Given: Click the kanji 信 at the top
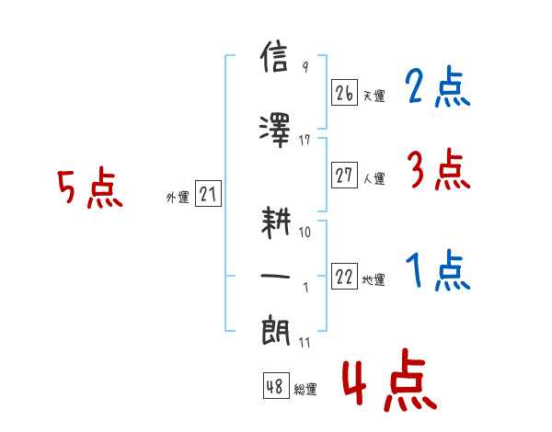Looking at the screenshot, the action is click(274, 57).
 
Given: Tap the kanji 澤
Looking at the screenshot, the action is click(274, 131).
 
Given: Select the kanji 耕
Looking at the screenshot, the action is click(276, 222).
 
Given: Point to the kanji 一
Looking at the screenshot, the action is click(275, 277).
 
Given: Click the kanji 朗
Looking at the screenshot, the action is click(276, 331).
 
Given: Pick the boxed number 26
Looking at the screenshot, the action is click(344, 93).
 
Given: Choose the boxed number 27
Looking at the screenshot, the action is click(344, 175).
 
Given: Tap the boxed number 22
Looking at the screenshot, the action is click(344, 276).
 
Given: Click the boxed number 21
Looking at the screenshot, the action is click(208, 193).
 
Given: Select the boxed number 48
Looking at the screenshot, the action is click(276, 386).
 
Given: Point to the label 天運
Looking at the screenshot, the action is click(374, 96).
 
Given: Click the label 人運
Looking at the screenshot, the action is click(374, 178).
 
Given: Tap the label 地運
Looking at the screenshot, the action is click(374, 279).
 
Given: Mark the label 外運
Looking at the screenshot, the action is click(178, 197).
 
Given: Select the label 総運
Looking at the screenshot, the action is click(305, 389).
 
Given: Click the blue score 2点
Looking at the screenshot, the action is click(438, 86).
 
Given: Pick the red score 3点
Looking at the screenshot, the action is click(439, 169).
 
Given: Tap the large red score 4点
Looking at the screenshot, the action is click(390, 381).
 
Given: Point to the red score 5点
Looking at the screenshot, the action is click(90, 188).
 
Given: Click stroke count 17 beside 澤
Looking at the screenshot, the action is click(305, 141).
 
